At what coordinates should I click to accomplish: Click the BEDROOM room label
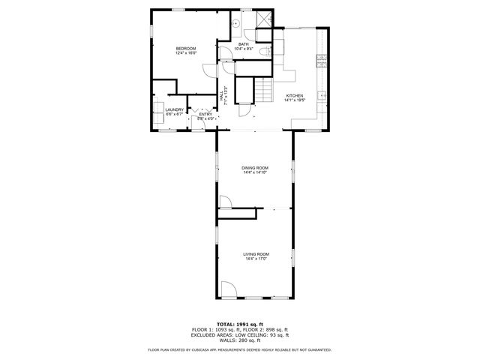(185, 49)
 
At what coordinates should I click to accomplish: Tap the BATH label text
(244, 44)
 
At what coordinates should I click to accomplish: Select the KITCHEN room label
(293, 96)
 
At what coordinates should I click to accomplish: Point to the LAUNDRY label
(174, 109)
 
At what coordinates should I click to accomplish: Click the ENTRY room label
(205, 114)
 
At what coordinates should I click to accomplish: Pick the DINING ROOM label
(255, 167)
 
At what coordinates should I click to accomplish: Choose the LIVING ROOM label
(256, 254)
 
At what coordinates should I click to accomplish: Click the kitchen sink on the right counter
(322, 95)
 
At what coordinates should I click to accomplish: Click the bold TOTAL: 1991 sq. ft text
(239, 324)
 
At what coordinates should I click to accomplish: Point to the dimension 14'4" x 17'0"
(256, 259)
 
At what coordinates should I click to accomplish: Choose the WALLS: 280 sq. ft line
(240, 340)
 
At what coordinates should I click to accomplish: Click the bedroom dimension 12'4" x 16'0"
(185, 53)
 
